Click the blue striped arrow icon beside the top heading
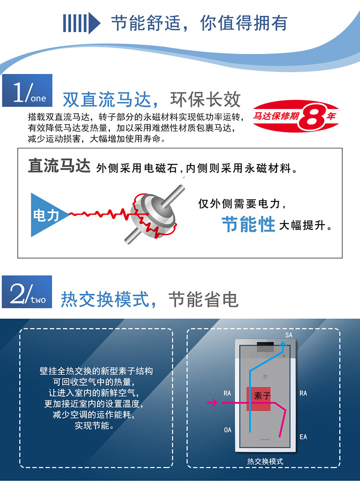[82, 23]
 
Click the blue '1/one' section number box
[27, 90]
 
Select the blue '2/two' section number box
[27, 292]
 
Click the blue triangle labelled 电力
[47, 215]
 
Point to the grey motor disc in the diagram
[152, 216]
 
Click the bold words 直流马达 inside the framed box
[59, 166]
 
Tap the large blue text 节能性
[248, 224]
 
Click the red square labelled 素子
[259, 399]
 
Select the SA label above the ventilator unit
[289, 335]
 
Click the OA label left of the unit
[228, 430]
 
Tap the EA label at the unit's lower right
[303, 437]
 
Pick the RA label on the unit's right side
[303, 393]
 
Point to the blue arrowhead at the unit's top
[283, 344]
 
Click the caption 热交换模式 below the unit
[265, 462]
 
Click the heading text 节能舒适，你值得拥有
[199, 23]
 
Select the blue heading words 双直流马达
[107, 100]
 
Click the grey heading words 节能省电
[204, 299]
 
